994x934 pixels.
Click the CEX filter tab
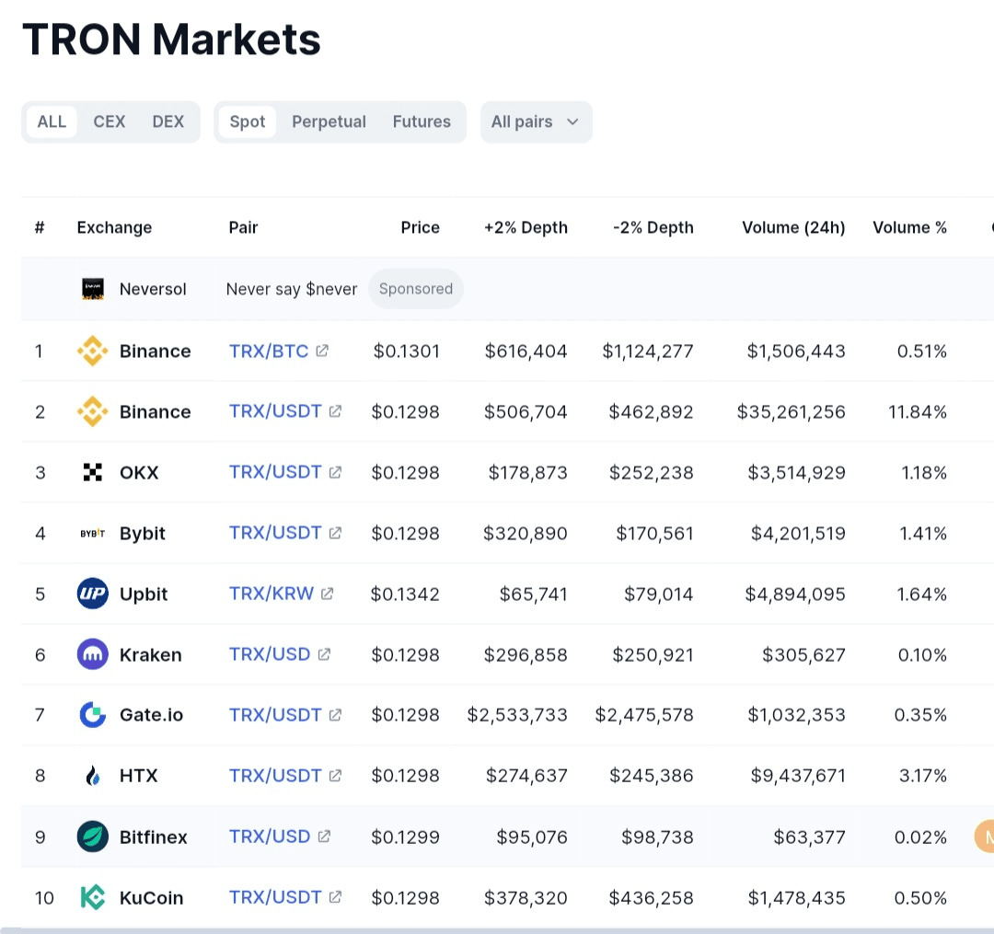pos(109,121)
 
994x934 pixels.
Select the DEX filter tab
pos(168,121)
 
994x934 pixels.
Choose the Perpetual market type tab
pos(329,121)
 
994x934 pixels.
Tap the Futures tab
pos(422,121)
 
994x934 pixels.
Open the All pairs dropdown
pos(535,121)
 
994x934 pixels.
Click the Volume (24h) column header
pos(793,227)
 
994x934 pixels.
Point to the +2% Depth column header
pos(526,227)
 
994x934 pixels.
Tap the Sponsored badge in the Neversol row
pos(416,289)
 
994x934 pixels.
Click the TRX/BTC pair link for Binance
pos(269,351)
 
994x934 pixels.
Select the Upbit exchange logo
pos(93,594)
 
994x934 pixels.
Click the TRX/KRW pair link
pos(272,594)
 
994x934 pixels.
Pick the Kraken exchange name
pos(151,654)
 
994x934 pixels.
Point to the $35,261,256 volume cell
pos(791,411)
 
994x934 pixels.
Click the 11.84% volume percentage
pos(918,411)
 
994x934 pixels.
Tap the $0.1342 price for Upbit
pos(405,594)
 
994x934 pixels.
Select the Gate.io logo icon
pos(93,715)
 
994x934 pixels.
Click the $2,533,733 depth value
pos(517,715)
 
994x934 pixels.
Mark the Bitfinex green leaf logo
pos(93,836)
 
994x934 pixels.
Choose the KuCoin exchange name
pos(151,897)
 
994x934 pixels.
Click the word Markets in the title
pos(237,40)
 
